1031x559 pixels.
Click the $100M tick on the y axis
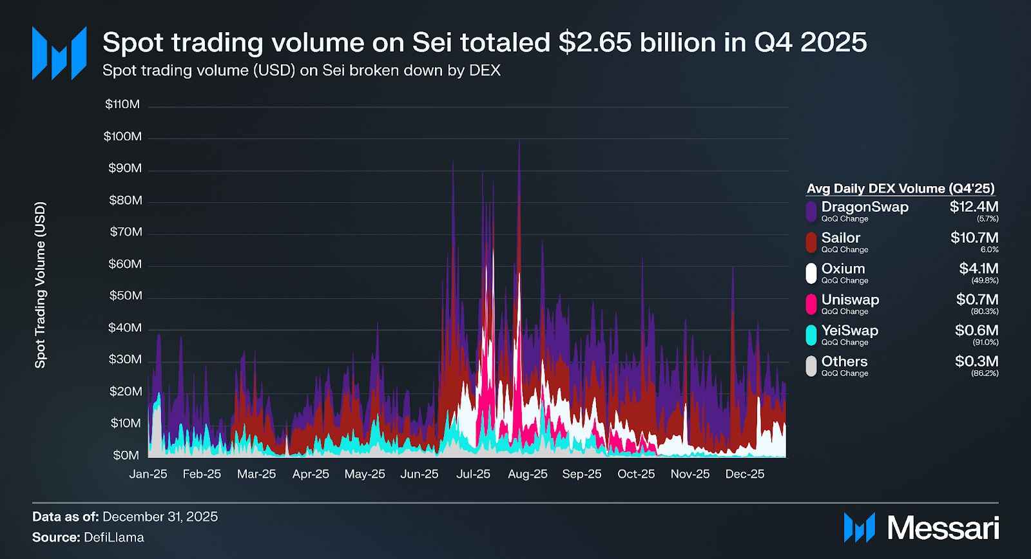(122, 137)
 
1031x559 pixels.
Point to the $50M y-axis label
(125, 296)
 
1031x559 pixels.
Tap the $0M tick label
(126, 455)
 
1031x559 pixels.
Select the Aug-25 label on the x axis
(527, 474)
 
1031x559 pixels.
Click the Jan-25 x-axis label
(148, 474)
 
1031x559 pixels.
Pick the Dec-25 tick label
(744, 474)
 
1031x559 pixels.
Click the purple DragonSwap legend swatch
(811, 211)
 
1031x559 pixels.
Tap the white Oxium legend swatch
(811, 273)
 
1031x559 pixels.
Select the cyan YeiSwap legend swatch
(811, 335)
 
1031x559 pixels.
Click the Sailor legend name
(840, 238)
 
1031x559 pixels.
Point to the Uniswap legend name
(850, 299)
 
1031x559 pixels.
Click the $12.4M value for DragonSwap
(974, 207)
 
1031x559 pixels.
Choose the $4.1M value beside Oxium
(978, 269)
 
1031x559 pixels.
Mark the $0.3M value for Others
(976, 361)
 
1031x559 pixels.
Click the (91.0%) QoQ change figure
(985, 343)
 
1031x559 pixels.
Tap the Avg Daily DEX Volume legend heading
(900, 189)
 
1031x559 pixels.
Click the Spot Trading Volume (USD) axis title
(40, 285)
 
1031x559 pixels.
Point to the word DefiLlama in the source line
(114, 537)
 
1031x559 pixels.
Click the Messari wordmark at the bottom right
(943, 528)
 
